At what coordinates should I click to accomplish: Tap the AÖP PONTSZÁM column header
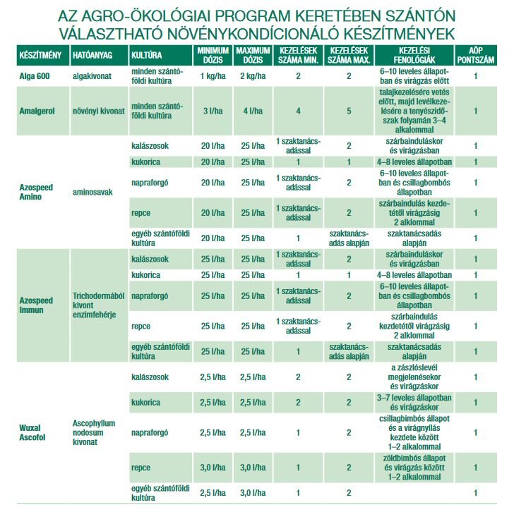476,54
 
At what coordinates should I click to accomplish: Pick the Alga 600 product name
35,75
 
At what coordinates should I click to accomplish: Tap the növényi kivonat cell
98,111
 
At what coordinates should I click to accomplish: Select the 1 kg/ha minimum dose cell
213,75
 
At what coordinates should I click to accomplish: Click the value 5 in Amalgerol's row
348,111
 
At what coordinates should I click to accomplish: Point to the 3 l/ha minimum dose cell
213,111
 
